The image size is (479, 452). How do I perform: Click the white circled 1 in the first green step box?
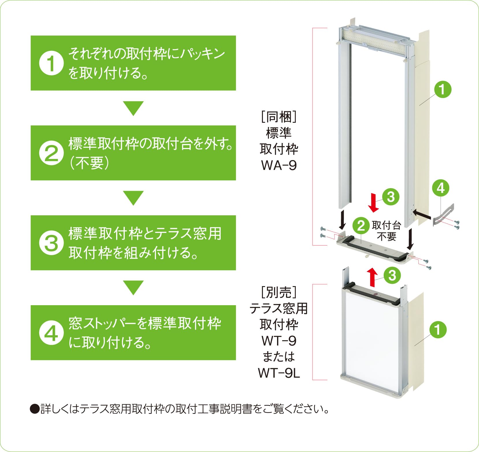51,63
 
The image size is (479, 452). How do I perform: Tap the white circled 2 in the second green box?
51,153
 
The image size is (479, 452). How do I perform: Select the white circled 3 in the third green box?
51,243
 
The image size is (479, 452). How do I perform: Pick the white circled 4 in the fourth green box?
51,333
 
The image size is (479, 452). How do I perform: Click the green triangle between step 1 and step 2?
133,108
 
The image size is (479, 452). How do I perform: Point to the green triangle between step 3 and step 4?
133,287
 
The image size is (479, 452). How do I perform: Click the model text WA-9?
279,165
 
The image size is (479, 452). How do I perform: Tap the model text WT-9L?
279,373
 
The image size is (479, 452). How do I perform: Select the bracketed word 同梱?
279,117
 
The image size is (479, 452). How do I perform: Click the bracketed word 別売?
279,292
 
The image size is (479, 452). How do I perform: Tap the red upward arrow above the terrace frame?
372,277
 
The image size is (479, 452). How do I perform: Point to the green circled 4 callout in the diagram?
441,188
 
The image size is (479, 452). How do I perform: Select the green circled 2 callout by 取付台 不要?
361,226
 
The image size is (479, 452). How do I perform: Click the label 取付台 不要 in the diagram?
386,231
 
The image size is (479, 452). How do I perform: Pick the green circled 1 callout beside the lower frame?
438,330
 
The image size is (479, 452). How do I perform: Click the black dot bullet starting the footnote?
34,409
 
